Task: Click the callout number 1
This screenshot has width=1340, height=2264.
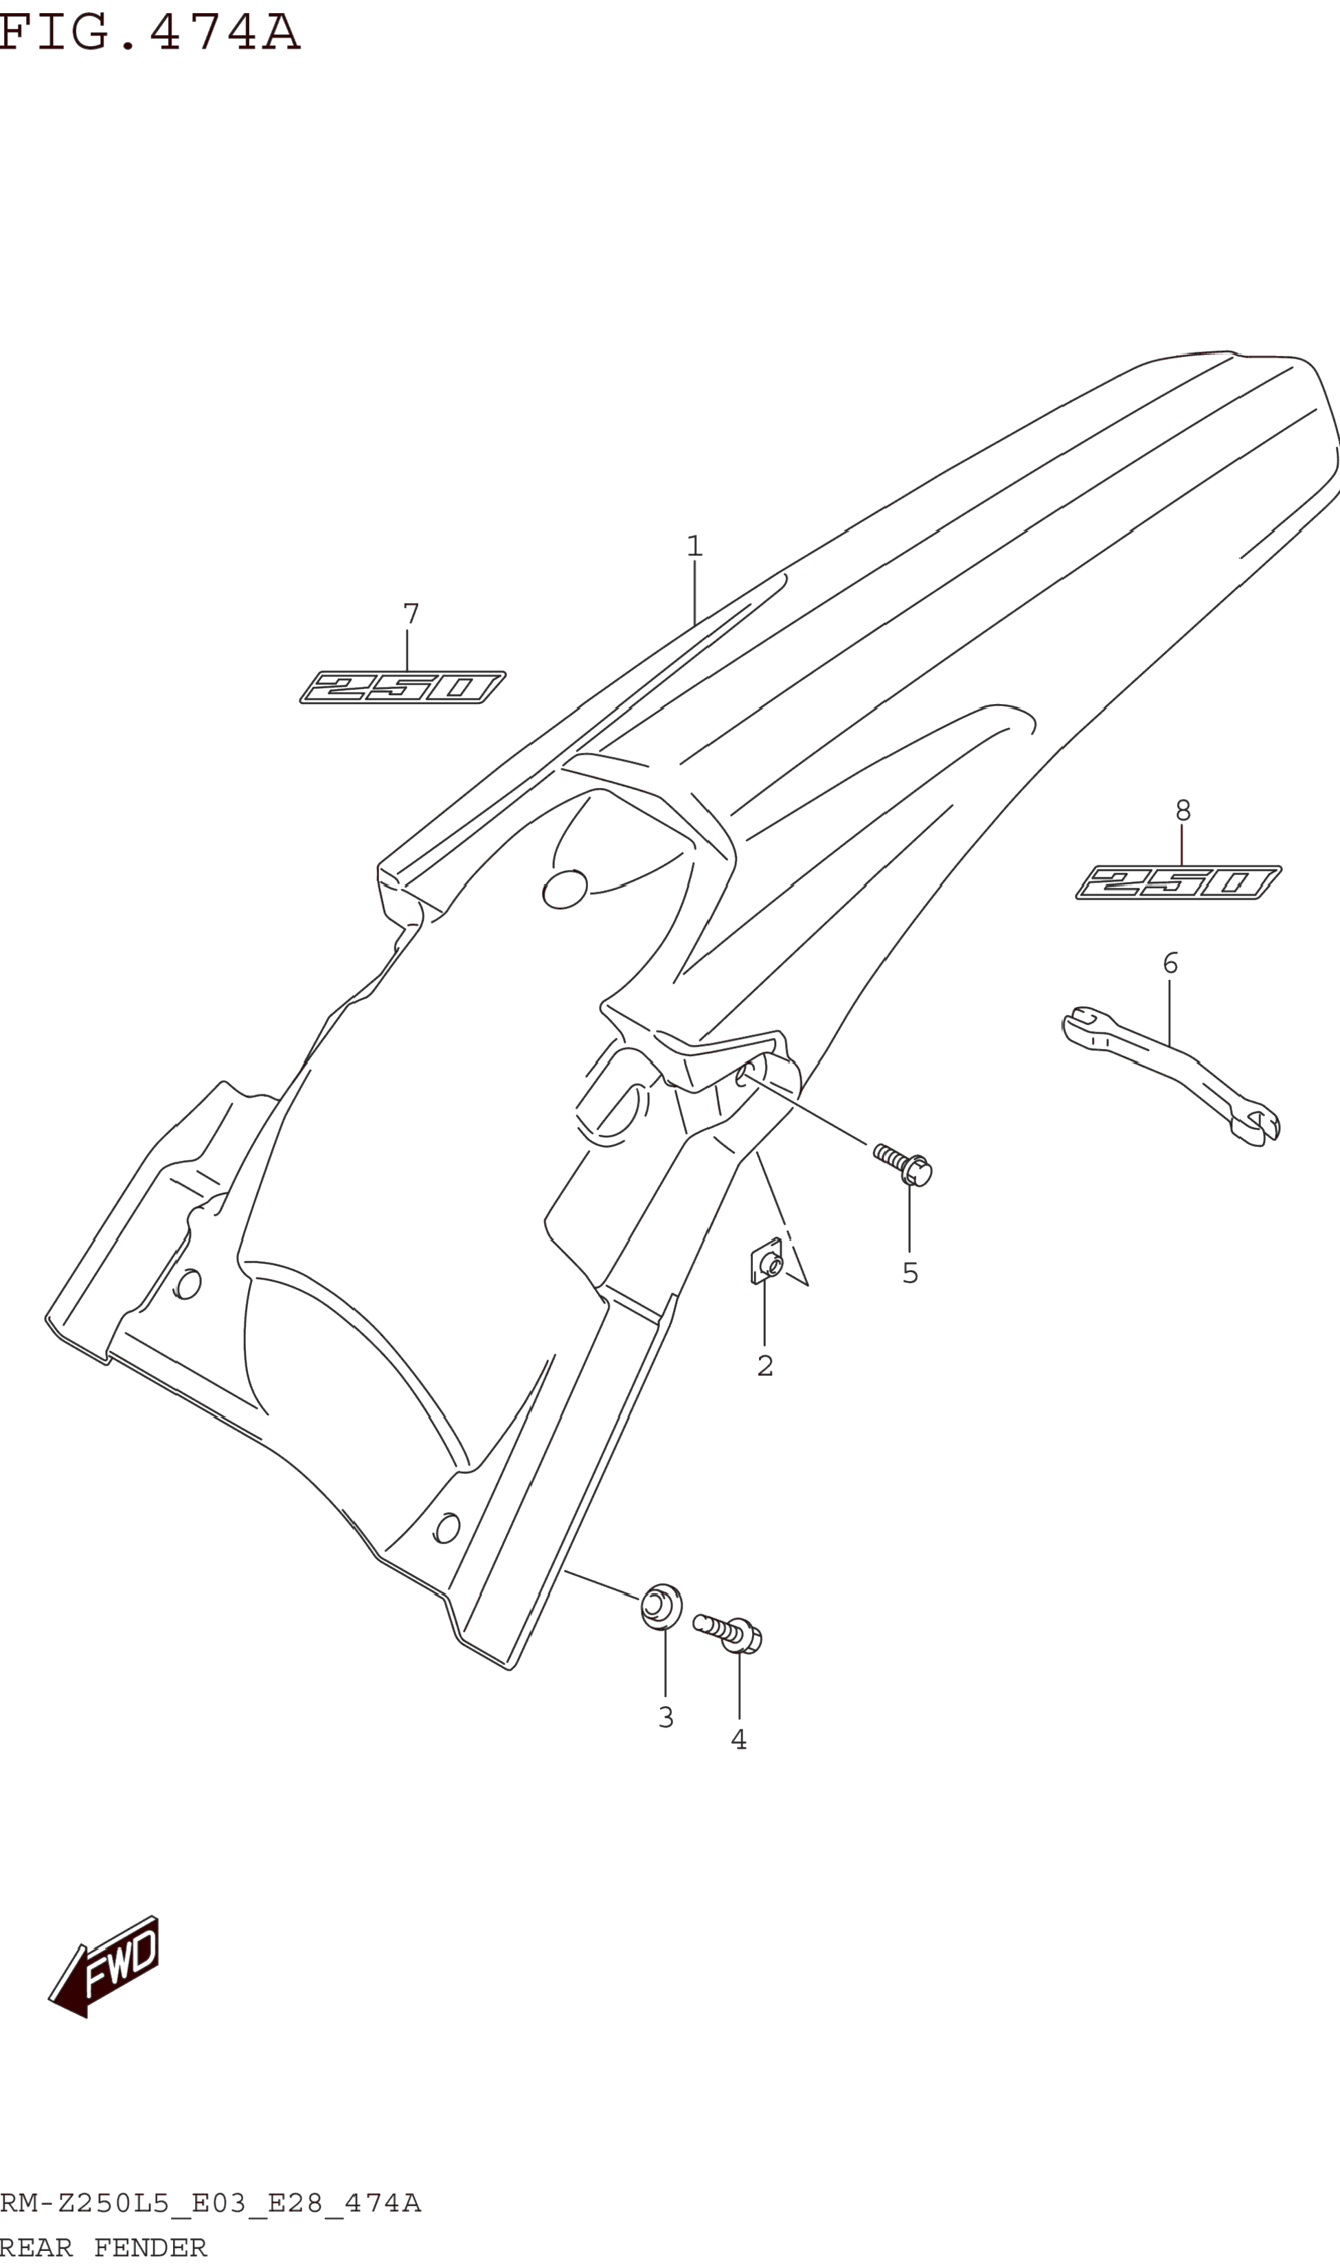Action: pos(694,546)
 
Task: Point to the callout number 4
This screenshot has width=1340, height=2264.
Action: pos(738,1739)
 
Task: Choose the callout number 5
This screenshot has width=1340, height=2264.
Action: pos(910,1273)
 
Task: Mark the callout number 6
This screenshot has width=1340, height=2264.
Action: pos(1170,962)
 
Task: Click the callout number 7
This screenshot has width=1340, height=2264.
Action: pos(411,614)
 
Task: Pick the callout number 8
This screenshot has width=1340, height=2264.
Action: pos(1183,810)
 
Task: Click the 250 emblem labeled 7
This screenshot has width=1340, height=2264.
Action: pos(402,688)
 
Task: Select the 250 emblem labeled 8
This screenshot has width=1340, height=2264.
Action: pos(1179,881)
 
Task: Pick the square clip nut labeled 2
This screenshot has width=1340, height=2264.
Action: pos(767,1262)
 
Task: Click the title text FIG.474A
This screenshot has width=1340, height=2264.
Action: pos(149,32)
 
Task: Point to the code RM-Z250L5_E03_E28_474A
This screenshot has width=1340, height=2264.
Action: pos(209,2204)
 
